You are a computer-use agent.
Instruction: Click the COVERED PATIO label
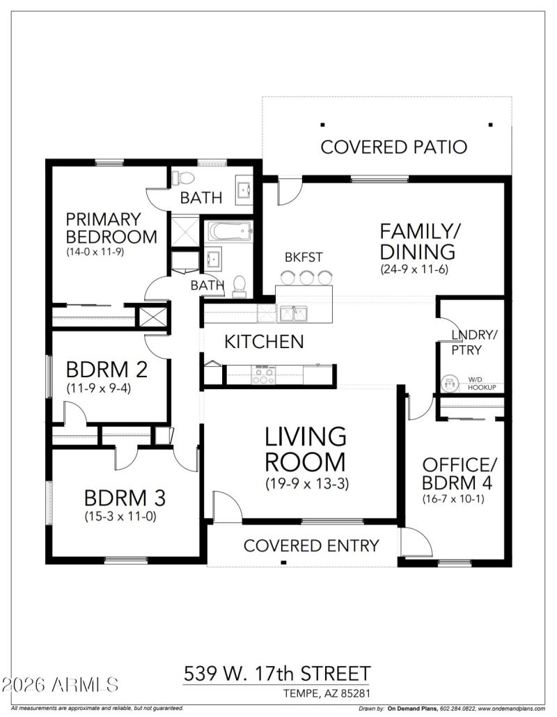coord(393,147)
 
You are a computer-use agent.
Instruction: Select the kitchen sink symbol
coord(295,313)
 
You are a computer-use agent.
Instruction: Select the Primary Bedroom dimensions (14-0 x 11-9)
coord(95,251)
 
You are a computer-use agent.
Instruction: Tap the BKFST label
coord(304,258)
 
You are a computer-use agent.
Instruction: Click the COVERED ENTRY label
coord(311,546)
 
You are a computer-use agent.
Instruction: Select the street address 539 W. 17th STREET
coord(277,674)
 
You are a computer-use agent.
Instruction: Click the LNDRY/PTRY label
coord(474,342)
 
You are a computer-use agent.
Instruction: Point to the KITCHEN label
coord(264,342)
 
